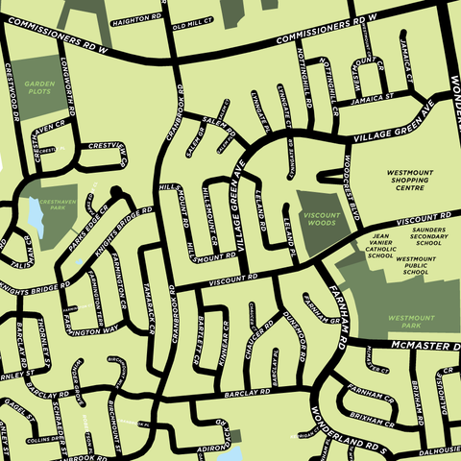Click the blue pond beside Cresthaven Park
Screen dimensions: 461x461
[x=36, y=216]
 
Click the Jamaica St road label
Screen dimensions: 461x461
[x=374, y=98]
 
